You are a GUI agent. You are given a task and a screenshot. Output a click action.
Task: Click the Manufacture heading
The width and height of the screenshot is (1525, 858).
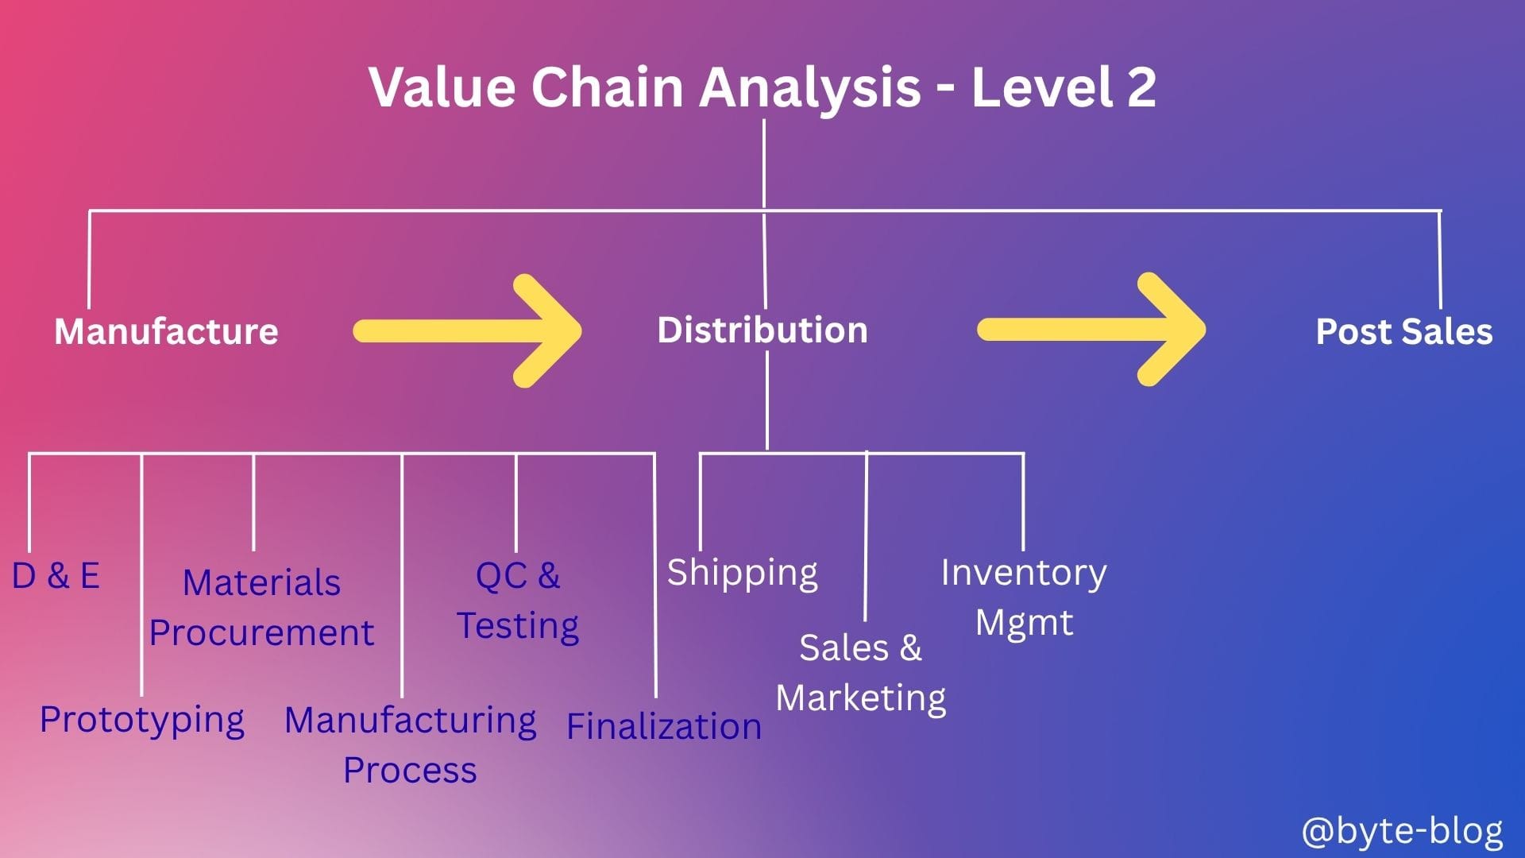pyautogui.click(x=166, y=331)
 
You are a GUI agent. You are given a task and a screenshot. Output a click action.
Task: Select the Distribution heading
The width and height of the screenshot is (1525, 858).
pyautogui.click(x=762, y=330)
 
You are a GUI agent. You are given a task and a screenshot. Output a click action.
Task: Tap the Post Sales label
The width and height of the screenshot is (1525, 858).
pyautogui.click(x=1404, y=331)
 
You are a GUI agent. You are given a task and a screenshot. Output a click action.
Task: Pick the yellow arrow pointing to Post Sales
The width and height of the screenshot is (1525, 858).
pyautogui.click(x=1091, y=329)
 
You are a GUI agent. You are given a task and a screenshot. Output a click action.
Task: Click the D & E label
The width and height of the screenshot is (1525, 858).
pyautogui.click(x=56, y=575)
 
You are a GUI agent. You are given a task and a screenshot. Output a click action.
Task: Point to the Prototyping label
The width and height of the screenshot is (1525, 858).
pyautogui.click(x=142, y=721)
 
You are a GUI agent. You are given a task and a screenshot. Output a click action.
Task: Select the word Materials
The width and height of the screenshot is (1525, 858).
pyautogui.click(x=261, y=582)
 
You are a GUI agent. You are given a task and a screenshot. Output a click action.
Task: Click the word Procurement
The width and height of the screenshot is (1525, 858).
pyautogui.click(x=261, y=632)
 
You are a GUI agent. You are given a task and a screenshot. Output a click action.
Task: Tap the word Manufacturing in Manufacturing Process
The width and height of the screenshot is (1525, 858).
pyautogui.click(x=410, y=721)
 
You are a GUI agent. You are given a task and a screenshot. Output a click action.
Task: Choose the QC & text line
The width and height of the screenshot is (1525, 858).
pyautogui.click(x=518, y=575)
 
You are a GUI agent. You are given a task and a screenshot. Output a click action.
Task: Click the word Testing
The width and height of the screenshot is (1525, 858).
pyautogui.click(x=518, y=626)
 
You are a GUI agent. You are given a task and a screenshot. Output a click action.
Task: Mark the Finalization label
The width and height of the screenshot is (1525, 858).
pyautogui.click(x=664, y=726)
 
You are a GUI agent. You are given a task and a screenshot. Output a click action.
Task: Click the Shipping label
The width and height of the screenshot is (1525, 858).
pyautogui.click(x=742, y=573)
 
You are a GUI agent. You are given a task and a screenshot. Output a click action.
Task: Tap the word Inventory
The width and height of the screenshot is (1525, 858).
pyautogui.click(x=1024, y=573)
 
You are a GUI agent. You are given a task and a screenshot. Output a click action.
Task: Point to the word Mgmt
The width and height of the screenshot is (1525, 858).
pyautogui.click(x=1024, y=623)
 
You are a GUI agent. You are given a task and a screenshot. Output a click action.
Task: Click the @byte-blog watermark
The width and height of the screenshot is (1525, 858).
pyautogui.click(x=1403, y=831)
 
